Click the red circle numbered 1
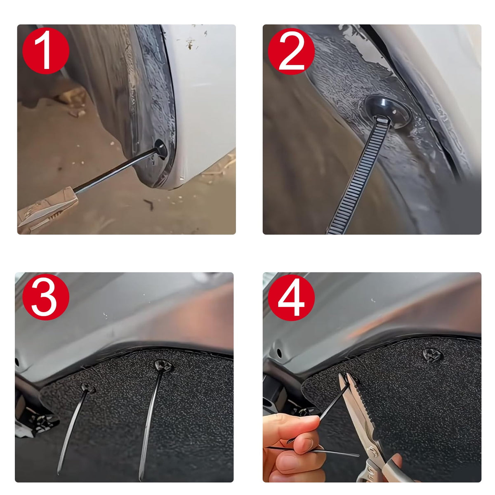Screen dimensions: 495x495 click(46, 51)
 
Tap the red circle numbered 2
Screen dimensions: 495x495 click(291, 51)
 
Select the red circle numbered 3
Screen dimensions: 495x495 click(46, 297)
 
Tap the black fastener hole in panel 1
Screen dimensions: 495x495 click(161, 149)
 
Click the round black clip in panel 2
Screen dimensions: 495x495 click(388, 111)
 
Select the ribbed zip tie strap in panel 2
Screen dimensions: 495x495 click(357, 177)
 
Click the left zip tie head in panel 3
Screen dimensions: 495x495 click(87, 387)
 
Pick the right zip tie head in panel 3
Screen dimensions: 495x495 click(163, 366)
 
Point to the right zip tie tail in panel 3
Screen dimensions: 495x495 click(150, 421)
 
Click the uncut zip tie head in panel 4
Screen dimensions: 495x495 click(433, 356)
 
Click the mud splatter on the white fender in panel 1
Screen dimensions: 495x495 click(190, 44)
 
